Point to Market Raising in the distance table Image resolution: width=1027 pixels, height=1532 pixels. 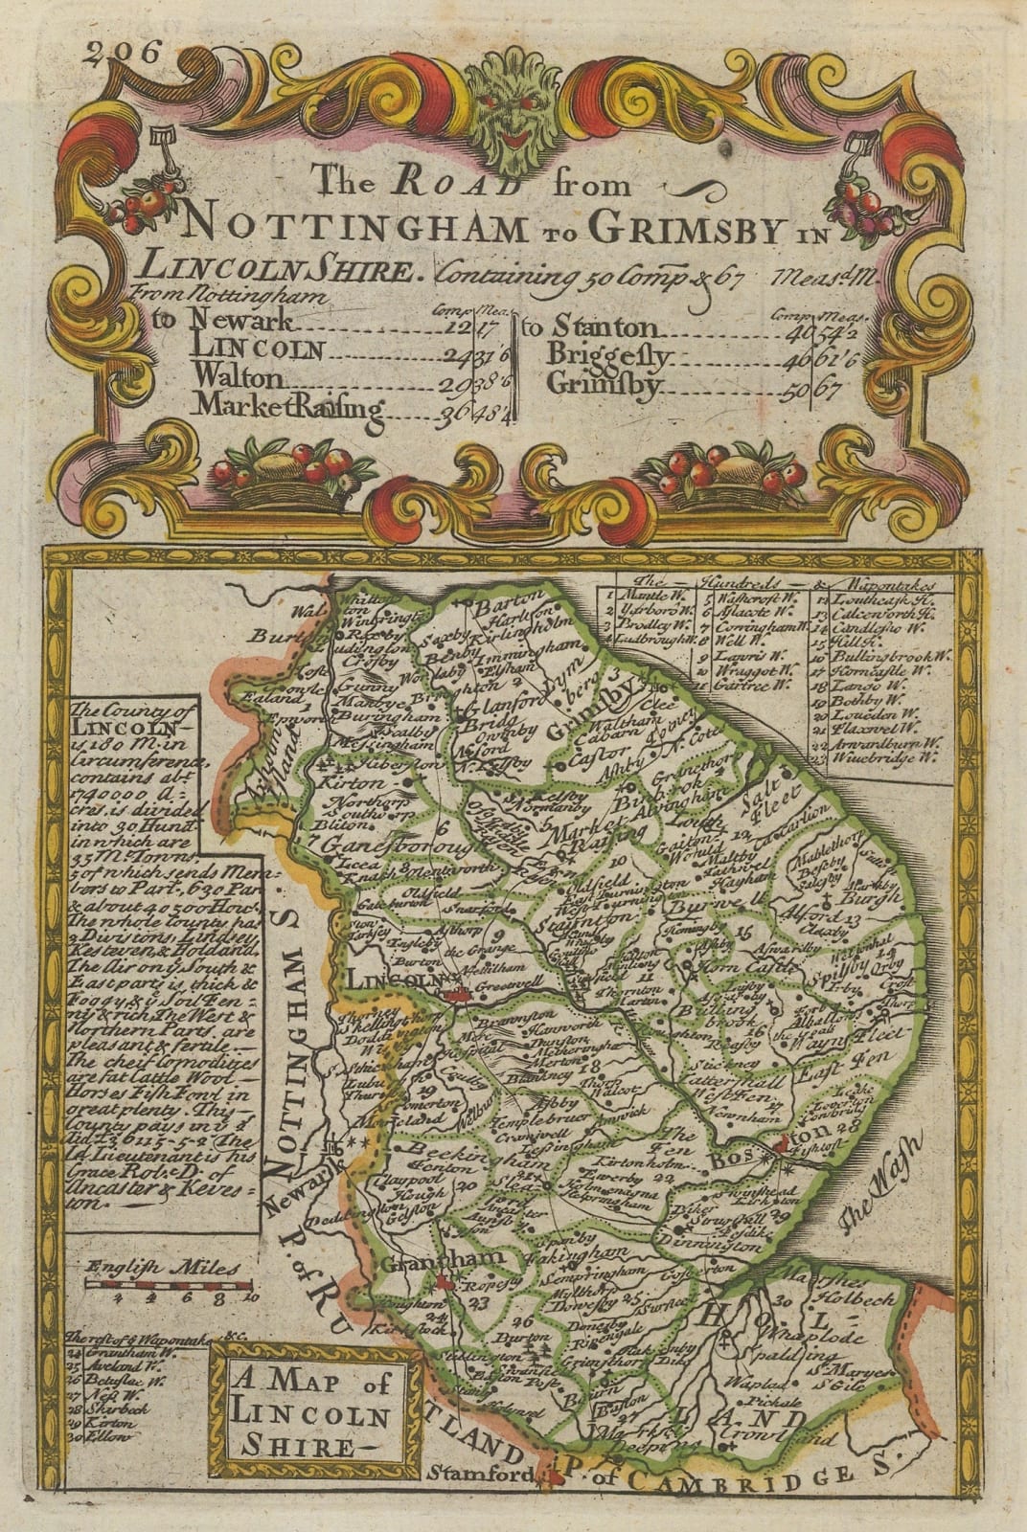pos(289,406)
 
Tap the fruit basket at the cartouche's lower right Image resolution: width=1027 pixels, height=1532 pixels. pos(728,477)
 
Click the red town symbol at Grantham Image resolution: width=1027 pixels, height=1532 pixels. pos(443,1281)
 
